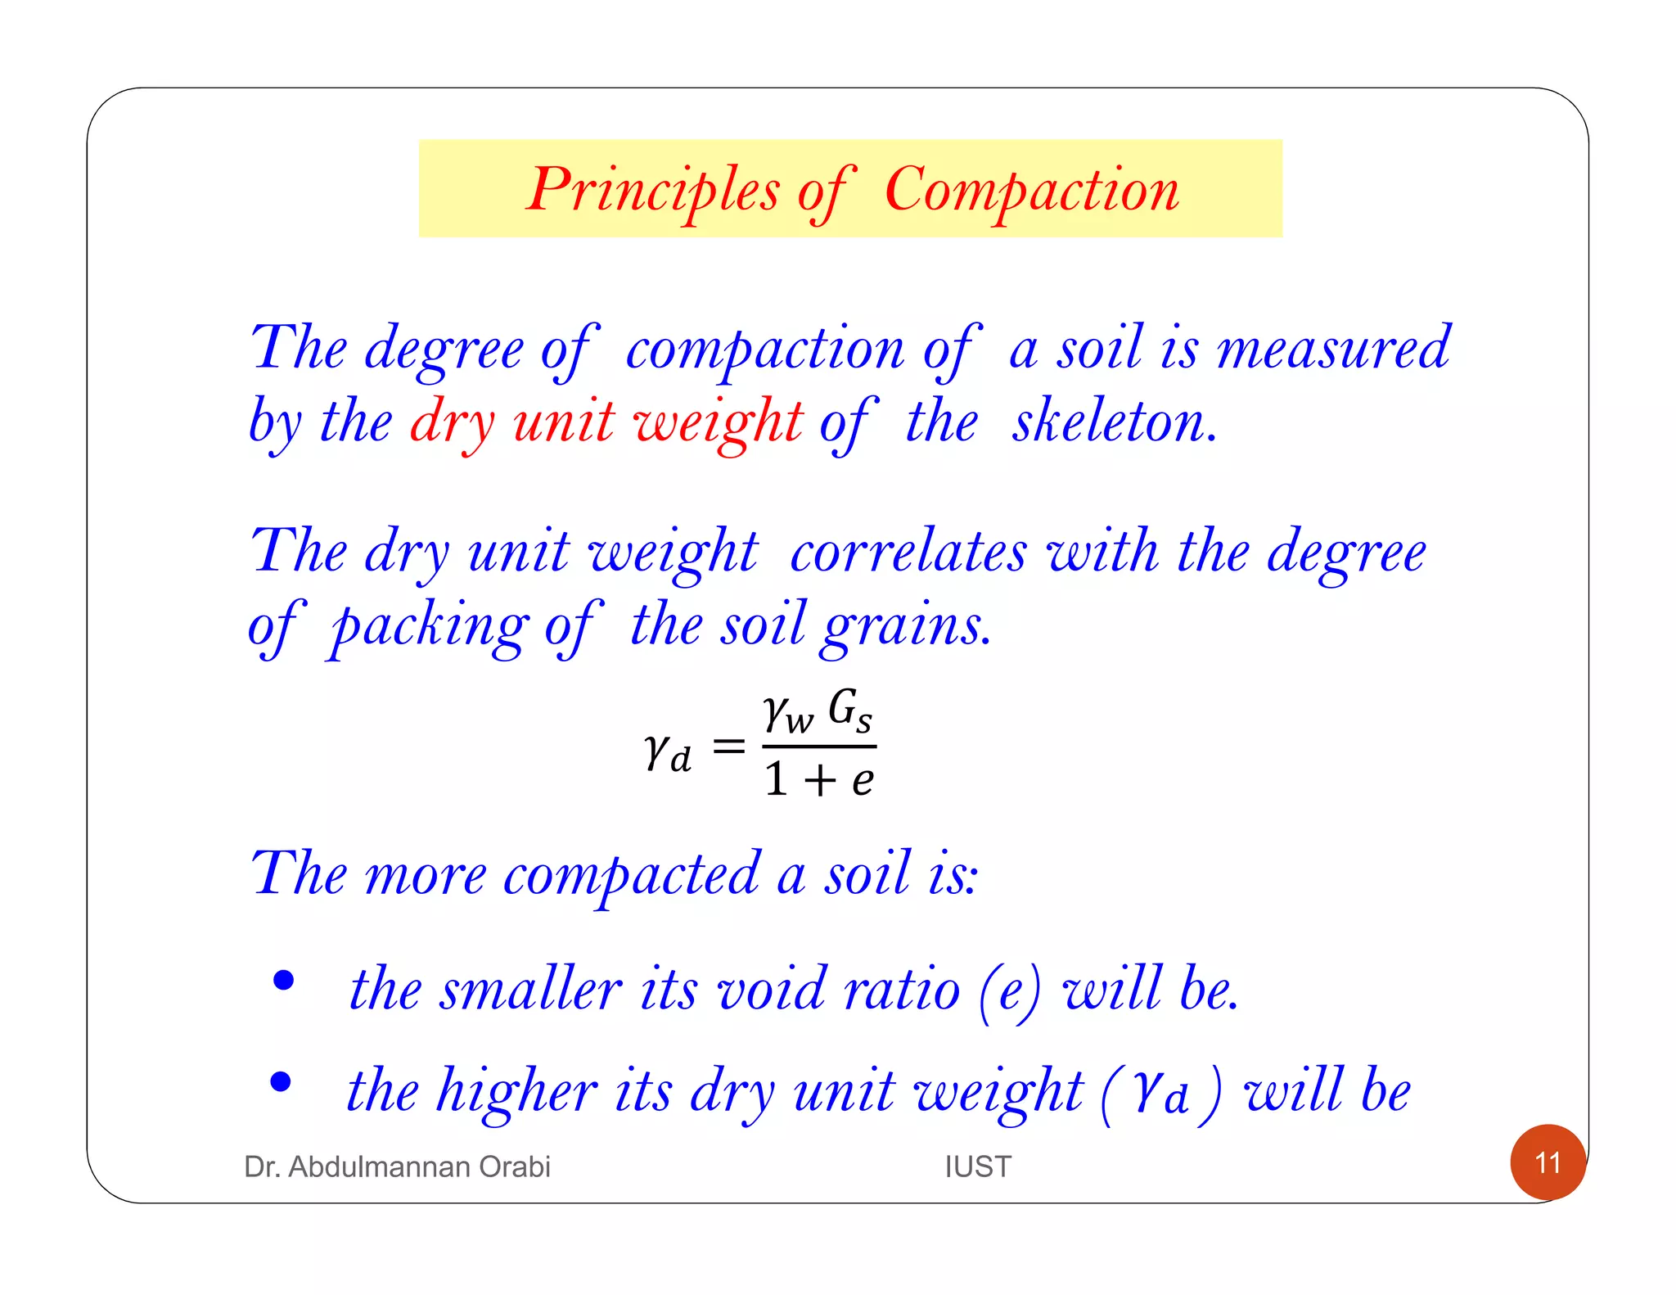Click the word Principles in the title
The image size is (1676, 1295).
(x=652, y=191)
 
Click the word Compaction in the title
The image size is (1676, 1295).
(x=1032, y=191)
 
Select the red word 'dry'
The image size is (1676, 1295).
(x=453, y=422)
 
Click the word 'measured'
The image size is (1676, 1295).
(x=1334, y=349)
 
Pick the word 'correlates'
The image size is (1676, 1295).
(x=908, y=552)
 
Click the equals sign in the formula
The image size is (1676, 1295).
(x=728, y=747)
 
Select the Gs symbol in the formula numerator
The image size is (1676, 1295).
(x=849, y=709)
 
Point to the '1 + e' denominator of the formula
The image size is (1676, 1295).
(x=818, y=778)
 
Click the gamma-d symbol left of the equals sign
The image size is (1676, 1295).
(x=667, y=751)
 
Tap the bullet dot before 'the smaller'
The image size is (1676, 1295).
(x=283, y=980)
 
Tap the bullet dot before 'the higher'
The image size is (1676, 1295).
(x=281, y=1081)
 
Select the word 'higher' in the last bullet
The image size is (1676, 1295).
(x=516, y=1092)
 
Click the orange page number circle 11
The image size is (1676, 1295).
(x=1548, y=1162)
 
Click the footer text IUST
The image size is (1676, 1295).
(x=978, y=1166)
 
